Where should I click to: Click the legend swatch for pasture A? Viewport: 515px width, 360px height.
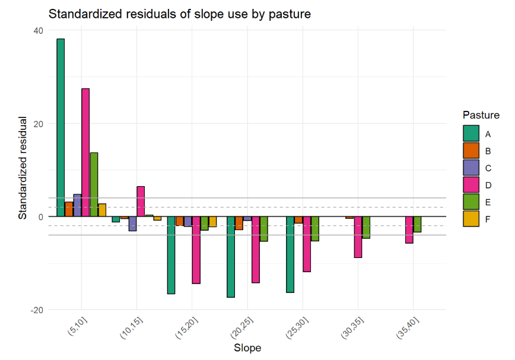pos(471,133)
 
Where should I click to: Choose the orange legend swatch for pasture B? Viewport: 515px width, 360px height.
pos(471,151)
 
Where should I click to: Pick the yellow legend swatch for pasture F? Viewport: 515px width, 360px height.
pos(471,219)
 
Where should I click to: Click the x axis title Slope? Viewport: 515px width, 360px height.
pos(247,348)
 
